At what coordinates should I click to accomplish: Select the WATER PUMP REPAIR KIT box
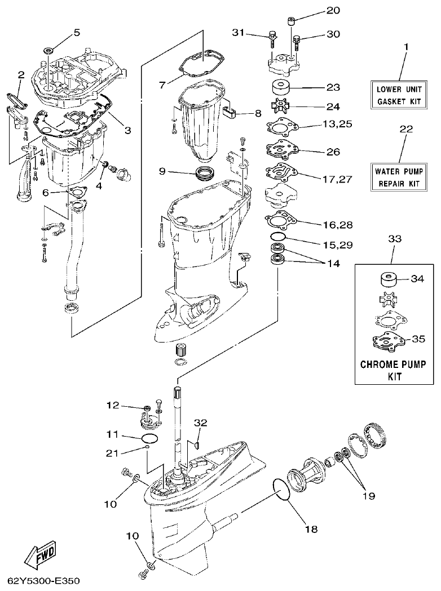coord(398,176)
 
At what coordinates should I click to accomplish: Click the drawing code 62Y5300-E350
coord(44,580)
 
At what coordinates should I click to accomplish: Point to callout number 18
coord(311,529)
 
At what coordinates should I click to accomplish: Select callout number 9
coord(162,171)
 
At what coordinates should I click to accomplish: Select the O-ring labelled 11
coord(149,438)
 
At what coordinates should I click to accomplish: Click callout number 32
coord(201,423)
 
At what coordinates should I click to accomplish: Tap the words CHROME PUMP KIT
coord(396,370)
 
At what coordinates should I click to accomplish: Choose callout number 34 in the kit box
coord(418,278)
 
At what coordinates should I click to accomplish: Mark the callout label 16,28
coord(338,225)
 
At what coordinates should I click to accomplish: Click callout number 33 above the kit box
coord(395,239)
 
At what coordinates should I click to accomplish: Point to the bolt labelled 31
coord(272,38)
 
